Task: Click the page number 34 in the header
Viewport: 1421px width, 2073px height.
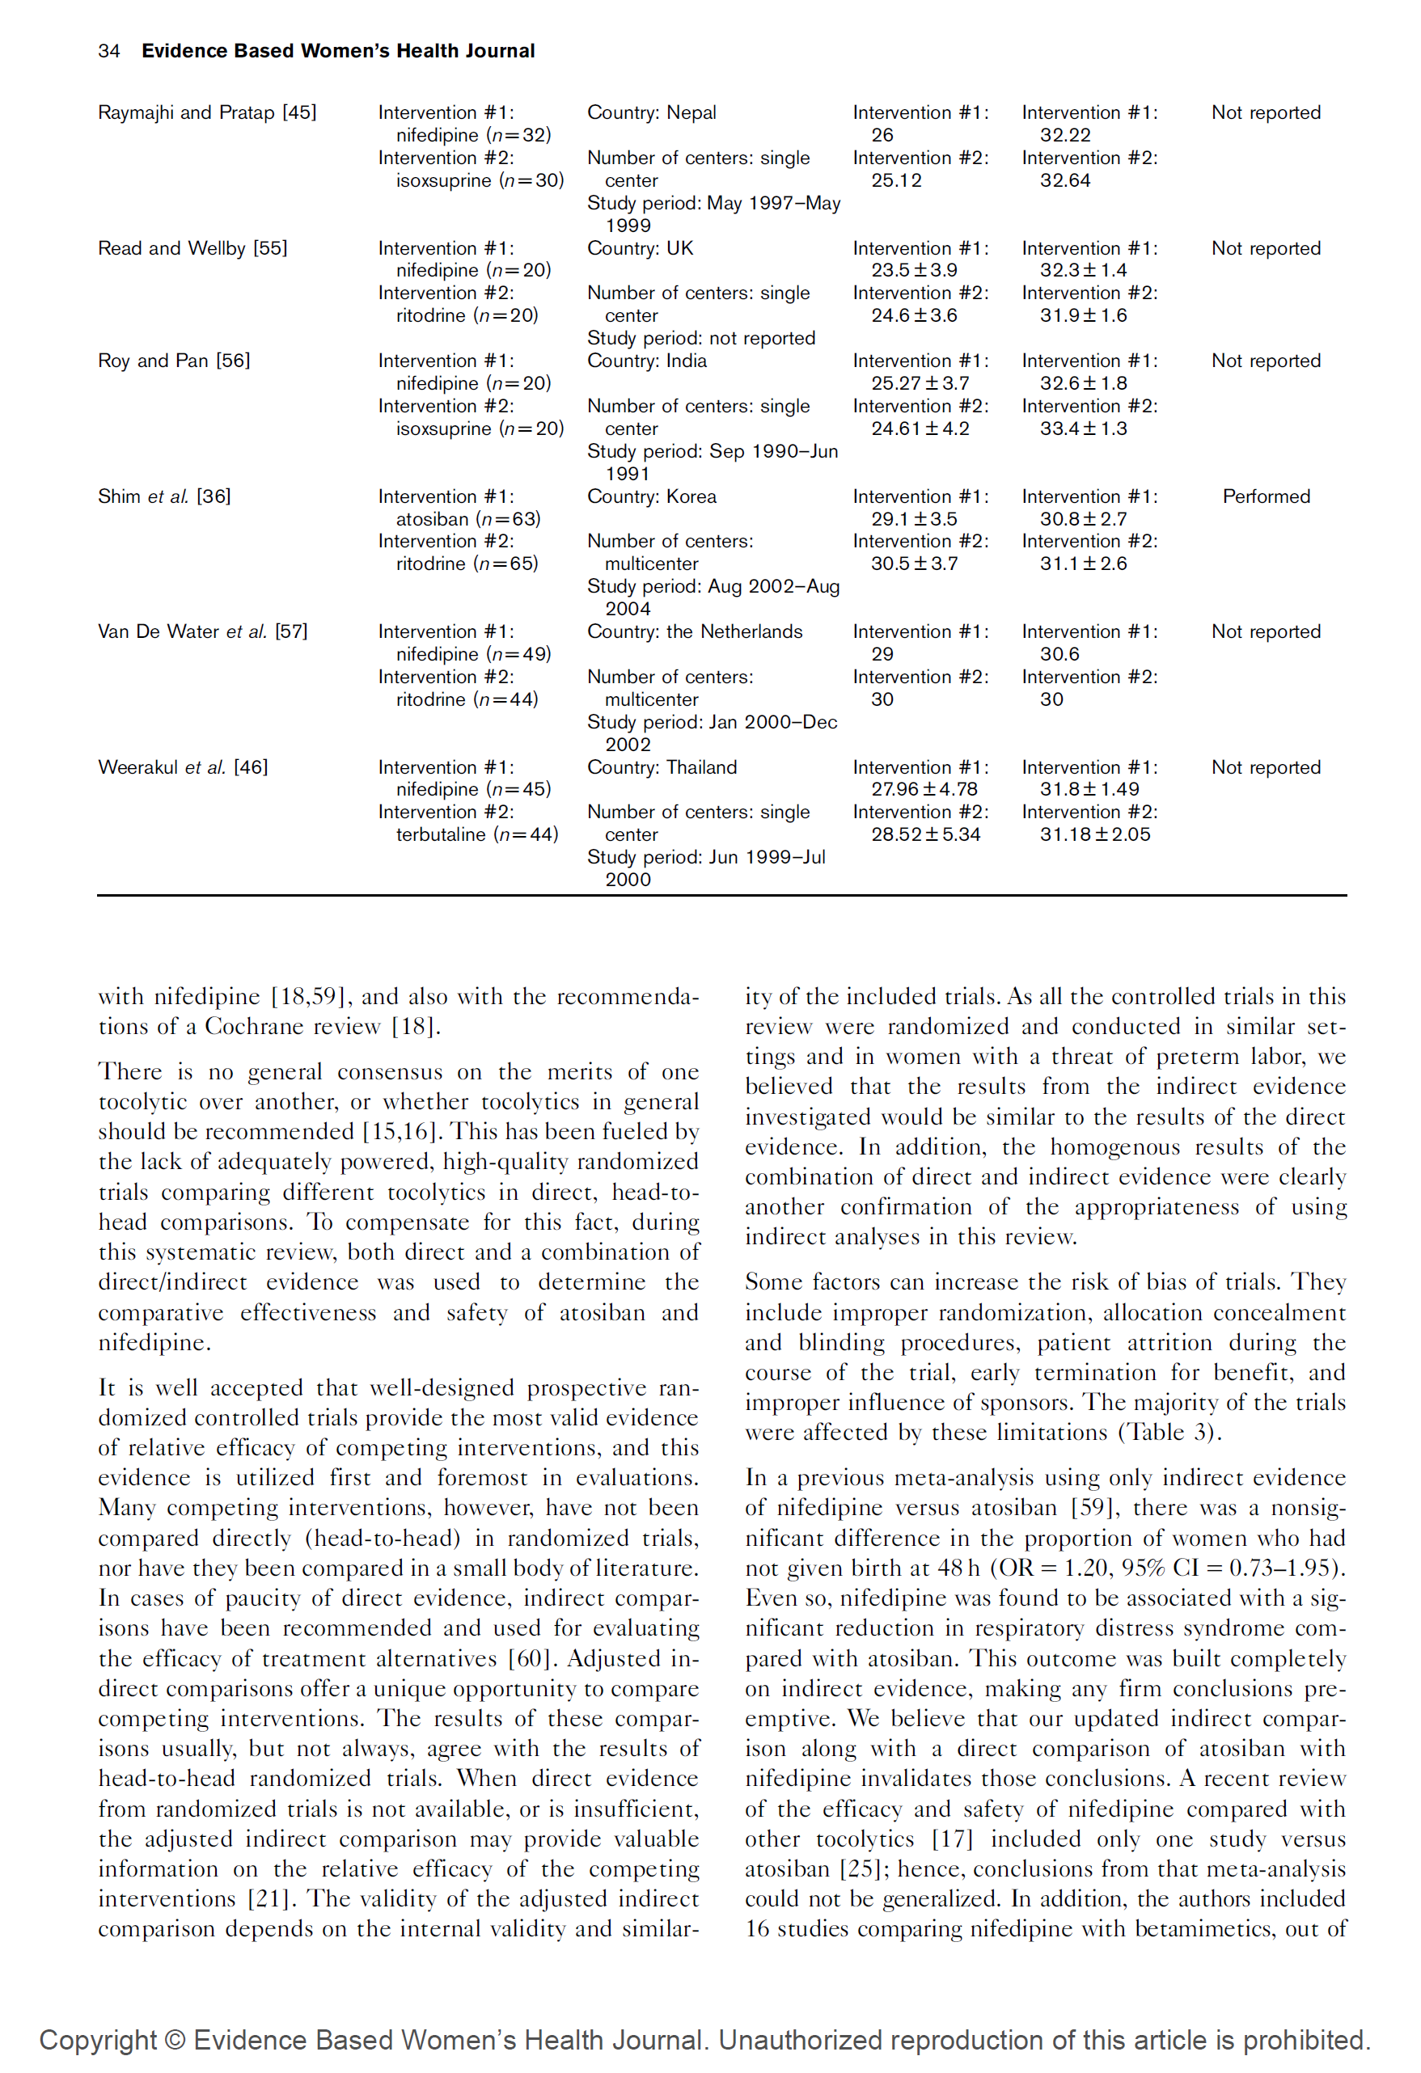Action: click(x=109, y=51)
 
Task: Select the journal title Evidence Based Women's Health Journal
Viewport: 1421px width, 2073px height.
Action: click(x=338, y=51)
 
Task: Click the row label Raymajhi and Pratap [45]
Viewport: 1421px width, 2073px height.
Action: click(x=207, y=112)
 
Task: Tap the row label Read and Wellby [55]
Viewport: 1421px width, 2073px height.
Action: click(x=192, y=248)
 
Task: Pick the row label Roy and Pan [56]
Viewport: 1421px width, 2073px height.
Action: click(x=174, y=361)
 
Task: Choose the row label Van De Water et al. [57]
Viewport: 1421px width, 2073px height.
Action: click(x=202, y=631)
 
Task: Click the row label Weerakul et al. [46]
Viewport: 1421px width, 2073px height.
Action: click(x=183, y=767)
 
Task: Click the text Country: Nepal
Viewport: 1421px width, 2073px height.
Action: click(x=651, y=112)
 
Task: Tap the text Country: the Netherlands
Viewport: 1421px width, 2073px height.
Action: click(x=694, y=631)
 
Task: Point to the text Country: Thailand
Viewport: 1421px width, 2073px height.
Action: click(x=662, y=767)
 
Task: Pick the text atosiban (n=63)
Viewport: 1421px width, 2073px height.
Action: click(x=468, y=519)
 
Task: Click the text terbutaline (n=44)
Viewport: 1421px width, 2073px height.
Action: click(x=477, y=834)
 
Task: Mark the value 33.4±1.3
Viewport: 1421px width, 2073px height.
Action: click(x=1083, y=429)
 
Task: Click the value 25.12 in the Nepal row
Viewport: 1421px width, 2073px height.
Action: click(x=896, y=180)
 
